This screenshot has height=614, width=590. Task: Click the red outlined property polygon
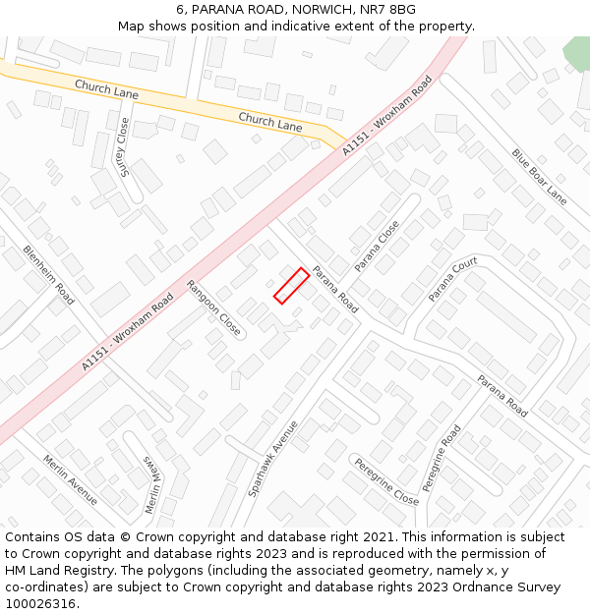click(x=291, y=286)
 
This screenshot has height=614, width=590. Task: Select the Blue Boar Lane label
click(x=539, y=177)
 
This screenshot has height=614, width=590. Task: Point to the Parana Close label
click(x=377, y=246)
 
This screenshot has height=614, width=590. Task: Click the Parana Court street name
click(x=452, y=279)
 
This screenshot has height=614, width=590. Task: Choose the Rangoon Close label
click(x=213, y=308)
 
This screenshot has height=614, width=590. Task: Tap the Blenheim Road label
click(x=49, y=274)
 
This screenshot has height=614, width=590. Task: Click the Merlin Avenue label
click(x=70, y=479)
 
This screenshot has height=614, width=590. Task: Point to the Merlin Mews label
click(x=150, y=484)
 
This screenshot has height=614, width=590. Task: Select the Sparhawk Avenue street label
click(x=272, y=459)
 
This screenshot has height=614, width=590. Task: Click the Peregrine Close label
click(x=386, y=481)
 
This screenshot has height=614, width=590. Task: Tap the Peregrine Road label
click(x=442, y=458)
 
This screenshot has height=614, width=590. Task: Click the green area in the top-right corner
click(x=576, y=52)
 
